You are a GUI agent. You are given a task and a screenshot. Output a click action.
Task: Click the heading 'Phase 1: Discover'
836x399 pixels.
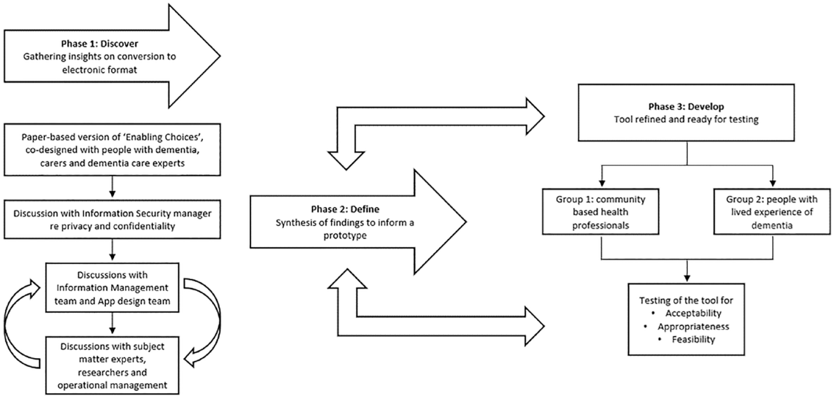click(100, 43)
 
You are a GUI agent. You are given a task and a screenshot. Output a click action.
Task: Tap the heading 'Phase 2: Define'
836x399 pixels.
click(345, 209)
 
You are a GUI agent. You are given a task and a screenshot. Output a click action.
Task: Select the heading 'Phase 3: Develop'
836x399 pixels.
click(686, 106)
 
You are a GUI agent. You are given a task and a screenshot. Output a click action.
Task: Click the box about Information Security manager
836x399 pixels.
click(112, 220)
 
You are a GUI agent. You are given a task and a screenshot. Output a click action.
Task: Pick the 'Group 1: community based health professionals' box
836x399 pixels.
click(601, 212)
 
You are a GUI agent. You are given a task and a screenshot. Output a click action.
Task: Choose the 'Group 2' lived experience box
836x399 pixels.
click(772, 212)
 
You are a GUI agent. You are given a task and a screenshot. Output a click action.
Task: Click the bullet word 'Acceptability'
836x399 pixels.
click(693, 313)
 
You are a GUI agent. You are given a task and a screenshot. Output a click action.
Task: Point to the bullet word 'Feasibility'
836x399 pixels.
click(693, 339)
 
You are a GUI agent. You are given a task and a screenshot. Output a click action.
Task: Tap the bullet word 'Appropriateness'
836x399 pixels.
click(693, 326)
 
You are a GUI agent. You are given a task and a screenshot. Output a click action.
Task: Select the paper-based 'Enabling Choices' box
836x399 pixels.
click(112, 150)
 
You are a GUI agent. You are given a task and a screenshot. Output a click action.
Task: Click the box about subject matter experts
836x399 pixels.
click(112, 365)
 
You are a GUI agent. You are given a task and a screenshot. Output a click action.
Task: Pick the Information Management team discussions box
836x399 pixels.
click(112, 288)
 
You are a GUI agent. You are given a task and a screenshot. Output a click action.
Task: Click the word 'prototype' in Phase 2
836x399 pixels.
click(345, 235)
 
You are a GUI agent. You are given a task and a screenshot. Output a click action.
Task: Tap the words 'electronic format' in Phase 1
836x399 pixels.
click(100, 70)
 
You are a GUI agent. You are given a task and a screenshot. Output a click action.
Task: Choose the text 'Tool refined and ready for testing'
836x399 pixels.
click(686, 119)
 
